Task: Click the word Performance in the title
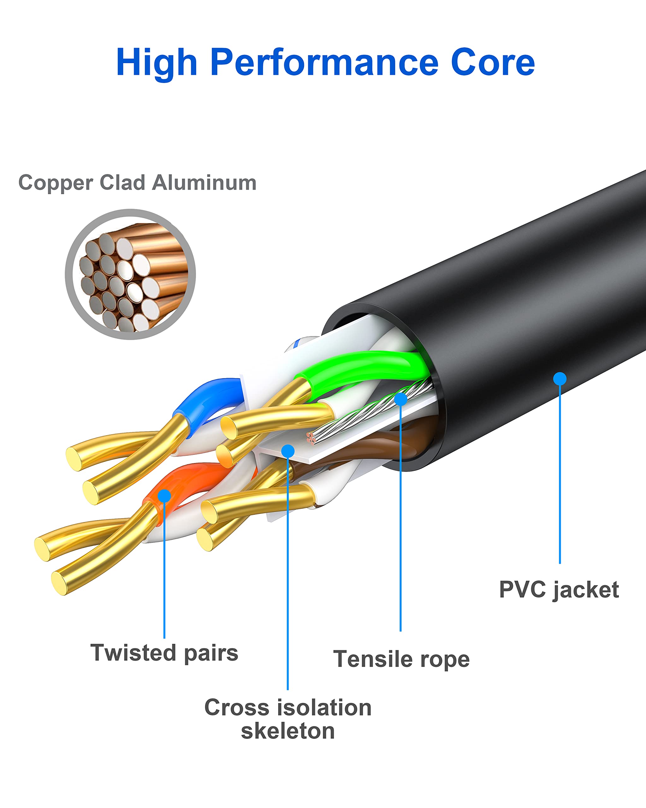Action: [324, 62]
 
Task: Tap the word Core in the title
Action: [492, 62]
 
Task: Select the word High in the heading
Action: [156, 63]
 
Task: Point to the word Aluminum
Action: [204, 182]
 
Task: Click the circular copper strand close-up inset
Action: [130, 274]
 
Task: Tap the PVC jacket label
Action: [559, 590]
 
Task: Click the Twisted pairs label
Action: [164, 652]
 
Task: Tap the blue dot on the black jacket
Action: [560, 378]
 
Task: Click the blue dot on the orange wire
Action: [164, 496]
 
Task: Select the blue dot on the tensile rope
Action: [400, 399]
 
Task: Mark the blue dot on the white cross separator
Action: [288, 451]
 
